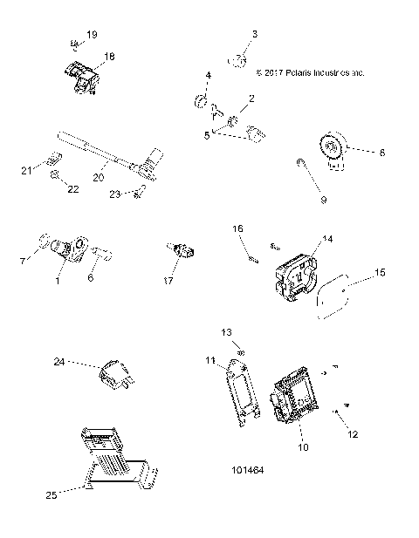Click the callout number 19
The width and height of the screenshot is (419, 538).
(92, 34)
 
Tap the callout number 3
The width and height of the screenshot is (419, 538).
(254, 34)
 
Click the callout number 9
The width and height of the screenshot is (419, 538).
(322, 200)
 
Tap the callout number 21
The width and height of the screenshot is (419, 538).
(27, 169)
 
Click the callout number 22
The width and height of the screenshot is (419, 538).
(73, 188)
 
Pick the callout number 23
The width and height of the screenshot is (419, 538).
(115, 195)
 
